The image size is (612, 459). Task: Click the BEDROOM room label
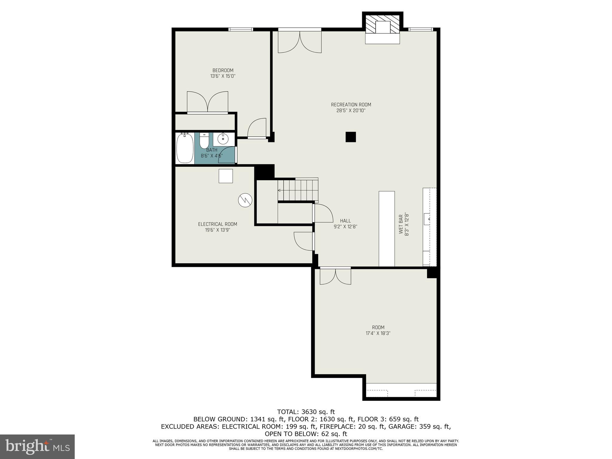223,71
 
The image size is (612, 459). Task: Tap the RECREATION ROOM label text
351,105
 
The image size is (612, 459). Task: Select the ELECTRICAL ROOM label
218,224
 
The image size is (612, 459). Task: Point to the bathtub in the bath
185,148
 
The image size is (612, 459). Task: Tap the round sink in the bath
223,139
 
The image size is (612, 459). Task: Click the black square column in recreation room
351,137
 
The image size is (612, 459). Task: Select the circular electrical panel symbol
245,200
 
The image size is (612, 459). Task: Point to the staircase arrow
280,190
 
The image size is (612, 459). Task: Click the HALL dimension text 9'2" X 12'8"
345,227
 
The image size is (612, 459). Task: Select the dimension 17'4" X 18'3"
378,333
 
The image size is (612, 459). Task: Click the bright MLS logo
37,446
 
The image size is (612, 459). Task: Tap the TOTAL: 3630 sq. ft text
306,412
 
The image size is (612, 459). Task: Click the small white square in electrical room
226,176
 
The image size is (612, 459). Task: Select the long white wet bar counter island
387,229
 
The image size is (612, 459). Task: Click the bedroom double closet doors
207,102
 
